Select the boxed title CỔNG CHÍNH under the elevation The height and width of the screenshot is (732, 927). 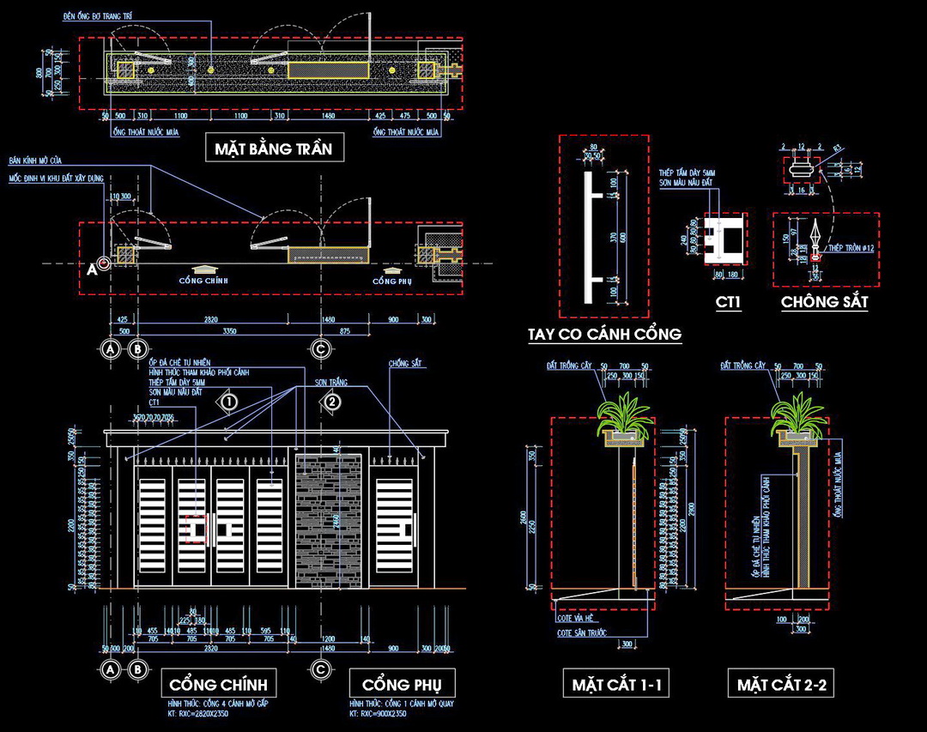pos(218,684)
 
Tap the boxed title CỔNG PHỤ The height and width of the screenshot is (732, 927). pos(402,684)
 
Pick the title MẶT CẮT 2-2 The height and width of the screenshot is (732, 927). pos(780,684)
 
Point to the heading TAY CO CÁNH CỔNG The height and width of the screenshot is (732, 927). pos(605,333)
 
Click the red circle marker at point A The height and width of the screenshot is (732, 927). pos(104,263)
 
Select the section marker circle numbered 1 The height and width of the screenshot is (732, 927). pos(227,401)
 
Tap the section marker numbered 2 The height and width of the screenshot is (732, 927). pos(332,401)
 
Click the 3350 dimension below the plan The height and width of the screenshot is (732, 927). pos(230,330)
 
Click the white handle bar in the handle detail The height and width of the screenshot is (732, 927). pos(586,237)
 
